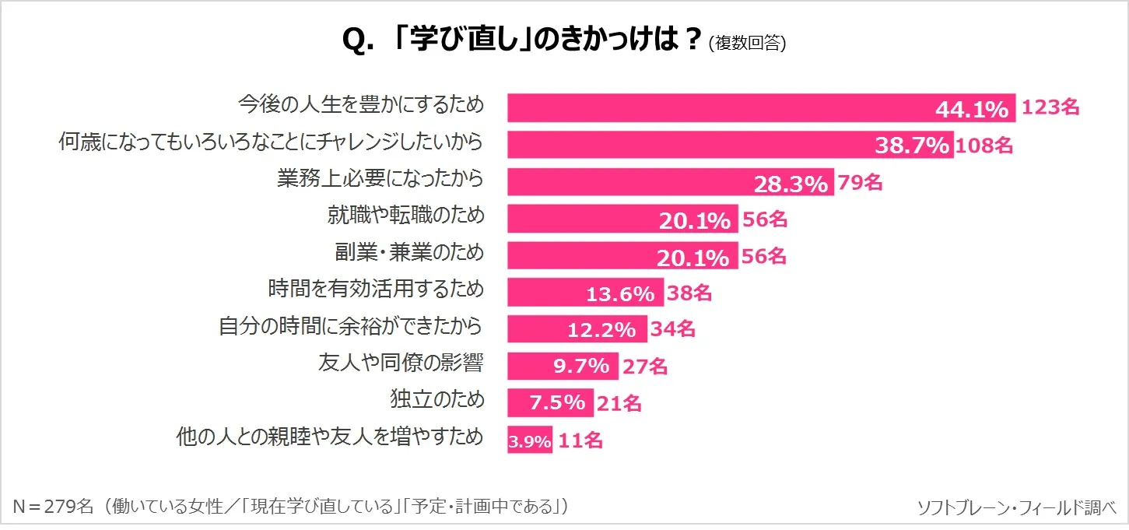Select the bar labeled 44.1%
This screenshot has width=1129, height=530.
[761, 107]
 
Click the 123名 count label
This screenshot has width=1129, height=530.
[1050, 107]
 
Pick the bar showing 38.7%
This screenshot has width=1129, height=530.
[730, 145]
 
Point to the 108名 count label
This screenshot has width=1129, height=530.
[984, 145]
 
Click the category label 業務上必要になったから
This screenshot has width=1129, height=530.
[380, 179]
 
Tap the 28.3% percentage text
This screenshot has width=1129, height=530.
[790, 183]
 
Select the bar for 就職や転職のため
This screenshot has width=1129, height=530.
[622, 219]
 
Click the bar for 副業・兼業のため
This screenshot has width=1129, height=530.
[622, 255]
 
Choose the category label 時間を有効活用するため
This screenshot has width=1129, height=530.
[376, 290]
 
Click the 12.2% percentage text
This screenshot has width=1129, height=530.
[601, 330]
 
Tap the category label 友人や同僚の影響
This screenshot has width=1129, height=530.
[401, 363]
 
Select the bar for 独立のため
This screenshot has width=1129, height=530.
[549, 403]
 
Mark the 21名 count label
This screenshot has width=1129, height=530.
[620, 403]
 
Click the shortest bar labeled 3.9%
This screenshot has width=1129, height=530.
[529, 440]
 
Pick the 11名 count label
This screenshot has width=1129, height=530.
[581, 440]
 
